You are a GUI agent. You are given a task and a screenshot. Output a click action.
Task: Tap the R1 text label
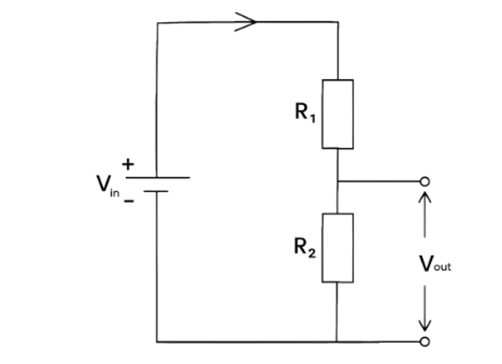[305, 112]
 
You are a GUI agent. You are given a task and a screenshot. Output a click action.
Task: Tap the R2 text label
[305, 248]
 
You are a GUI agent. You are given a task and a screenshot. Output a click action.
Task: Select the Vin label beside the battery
[108, 186]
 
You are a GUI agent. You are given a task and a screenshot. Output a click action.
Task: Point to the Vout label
[435, 264]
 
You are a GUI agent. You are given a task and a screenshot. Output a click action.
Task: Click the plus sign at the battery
[128, 164]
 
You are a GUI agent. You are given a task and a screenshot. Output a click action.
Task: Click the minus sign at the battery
[129, 201]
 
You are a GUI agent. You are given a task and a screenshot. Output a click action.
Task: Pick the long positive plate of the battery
[157, 178]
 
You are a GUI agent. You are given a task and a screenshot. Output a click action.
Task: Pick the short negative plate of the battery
[156, 191]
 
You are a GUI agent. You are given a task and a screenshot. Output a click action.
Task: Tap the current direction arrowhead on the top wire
[245, 22]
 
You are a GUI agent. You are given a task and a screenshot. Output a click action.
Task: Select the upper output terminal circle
[424, 182]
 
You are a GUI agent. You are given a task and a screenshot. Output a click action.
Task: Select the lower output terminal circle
[424, 342]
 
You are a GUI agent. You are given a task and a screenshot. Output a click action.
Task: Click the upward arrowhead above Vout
[424, 197]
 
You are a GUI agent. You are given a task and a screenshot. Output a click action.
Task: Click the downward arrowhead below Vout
[424, 325]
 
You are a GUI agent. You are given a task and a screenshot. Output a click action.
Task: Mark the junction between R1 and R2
[338, 182]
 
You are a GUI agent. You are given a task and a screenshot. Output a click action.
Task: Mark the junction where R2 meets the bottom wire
[336, 342]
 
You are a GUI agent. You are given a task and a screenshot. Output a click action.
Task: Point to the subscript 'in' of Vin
[115, 192]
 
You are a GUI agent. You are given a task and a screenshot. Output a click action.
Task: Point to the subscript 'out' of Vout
[442, 266]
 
